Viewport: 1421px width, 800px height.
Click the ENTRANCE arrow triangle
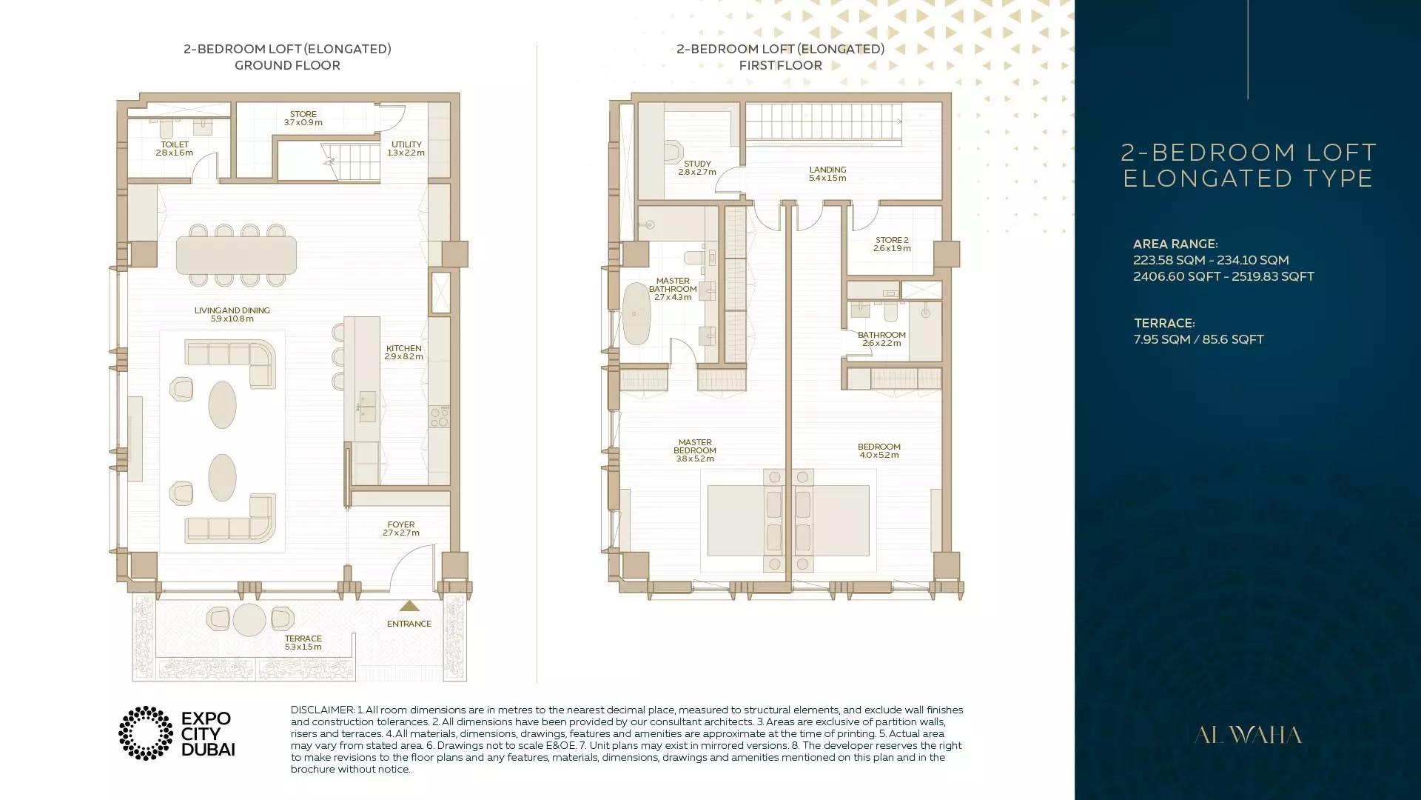pos(409,605)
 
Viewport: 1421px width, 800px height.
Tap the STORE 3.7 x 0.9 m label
pos(303,119)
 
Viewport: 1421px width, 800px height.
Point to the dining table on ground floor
pos(236,256)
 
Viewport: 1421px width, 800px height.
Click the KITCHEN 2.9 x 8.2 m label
pos(403,353)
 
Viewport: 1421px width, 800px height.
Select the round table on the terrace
pos(249,620)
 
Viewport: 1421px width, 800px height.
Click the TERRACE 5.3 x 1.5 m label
pos(303,642)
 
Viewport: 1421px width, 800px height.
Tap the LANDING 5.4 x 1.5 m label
pos(827,174)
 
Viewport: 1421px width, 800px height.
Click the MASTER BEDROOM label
pos(695,447)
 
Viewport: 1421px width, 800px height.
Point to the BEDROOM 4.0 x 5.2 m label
pos(879,451)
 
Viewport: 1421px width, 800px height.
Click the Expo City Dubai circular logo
pos(146,733)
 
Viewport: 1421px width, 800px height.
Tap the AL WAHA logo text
pos(1248,736)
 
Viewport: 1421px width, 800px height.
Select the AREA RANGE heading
pos(1175,244)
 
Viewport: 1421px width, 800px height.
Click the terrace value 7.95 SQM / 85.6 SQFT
pos(1198,339)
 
